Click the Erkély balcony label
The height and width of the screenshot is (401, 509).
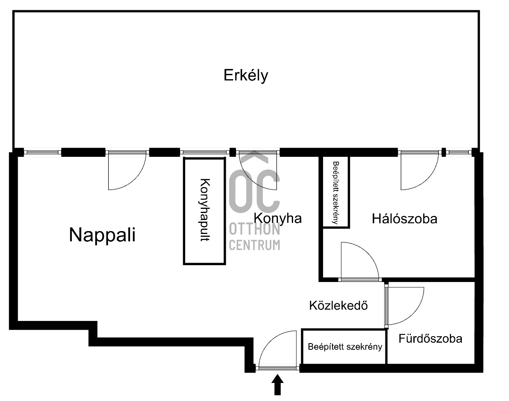[x=246, y=76]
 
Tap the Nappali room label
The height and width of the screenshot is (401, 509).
[x=102, y=235]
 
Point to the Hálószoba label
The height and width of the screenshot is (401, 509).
[x=404, y=219]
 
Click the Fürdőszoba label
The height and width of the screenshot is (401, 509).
[x=430, y=339]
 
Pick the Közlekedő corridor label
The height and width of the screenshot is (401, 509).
[x=339, y=305]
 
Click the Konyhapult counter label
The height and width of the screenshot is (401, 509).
[x=205, y=210]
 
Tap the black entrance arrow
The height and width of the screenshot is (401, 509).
[x=277, y=385]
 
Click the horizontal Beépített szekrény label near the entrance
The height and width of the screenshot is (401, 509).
[x=345, y=347]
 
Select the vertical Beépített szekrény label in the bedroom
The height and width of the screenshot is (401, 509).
[x=336, y=192]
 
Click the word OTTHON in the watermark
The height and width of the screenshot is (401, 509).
[x=254, y=229]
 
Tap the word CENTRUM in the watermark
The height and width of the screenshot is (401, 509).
[x=254, y=245]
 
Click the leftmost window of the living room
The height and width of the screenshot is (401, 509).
[x=43, y=152]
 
